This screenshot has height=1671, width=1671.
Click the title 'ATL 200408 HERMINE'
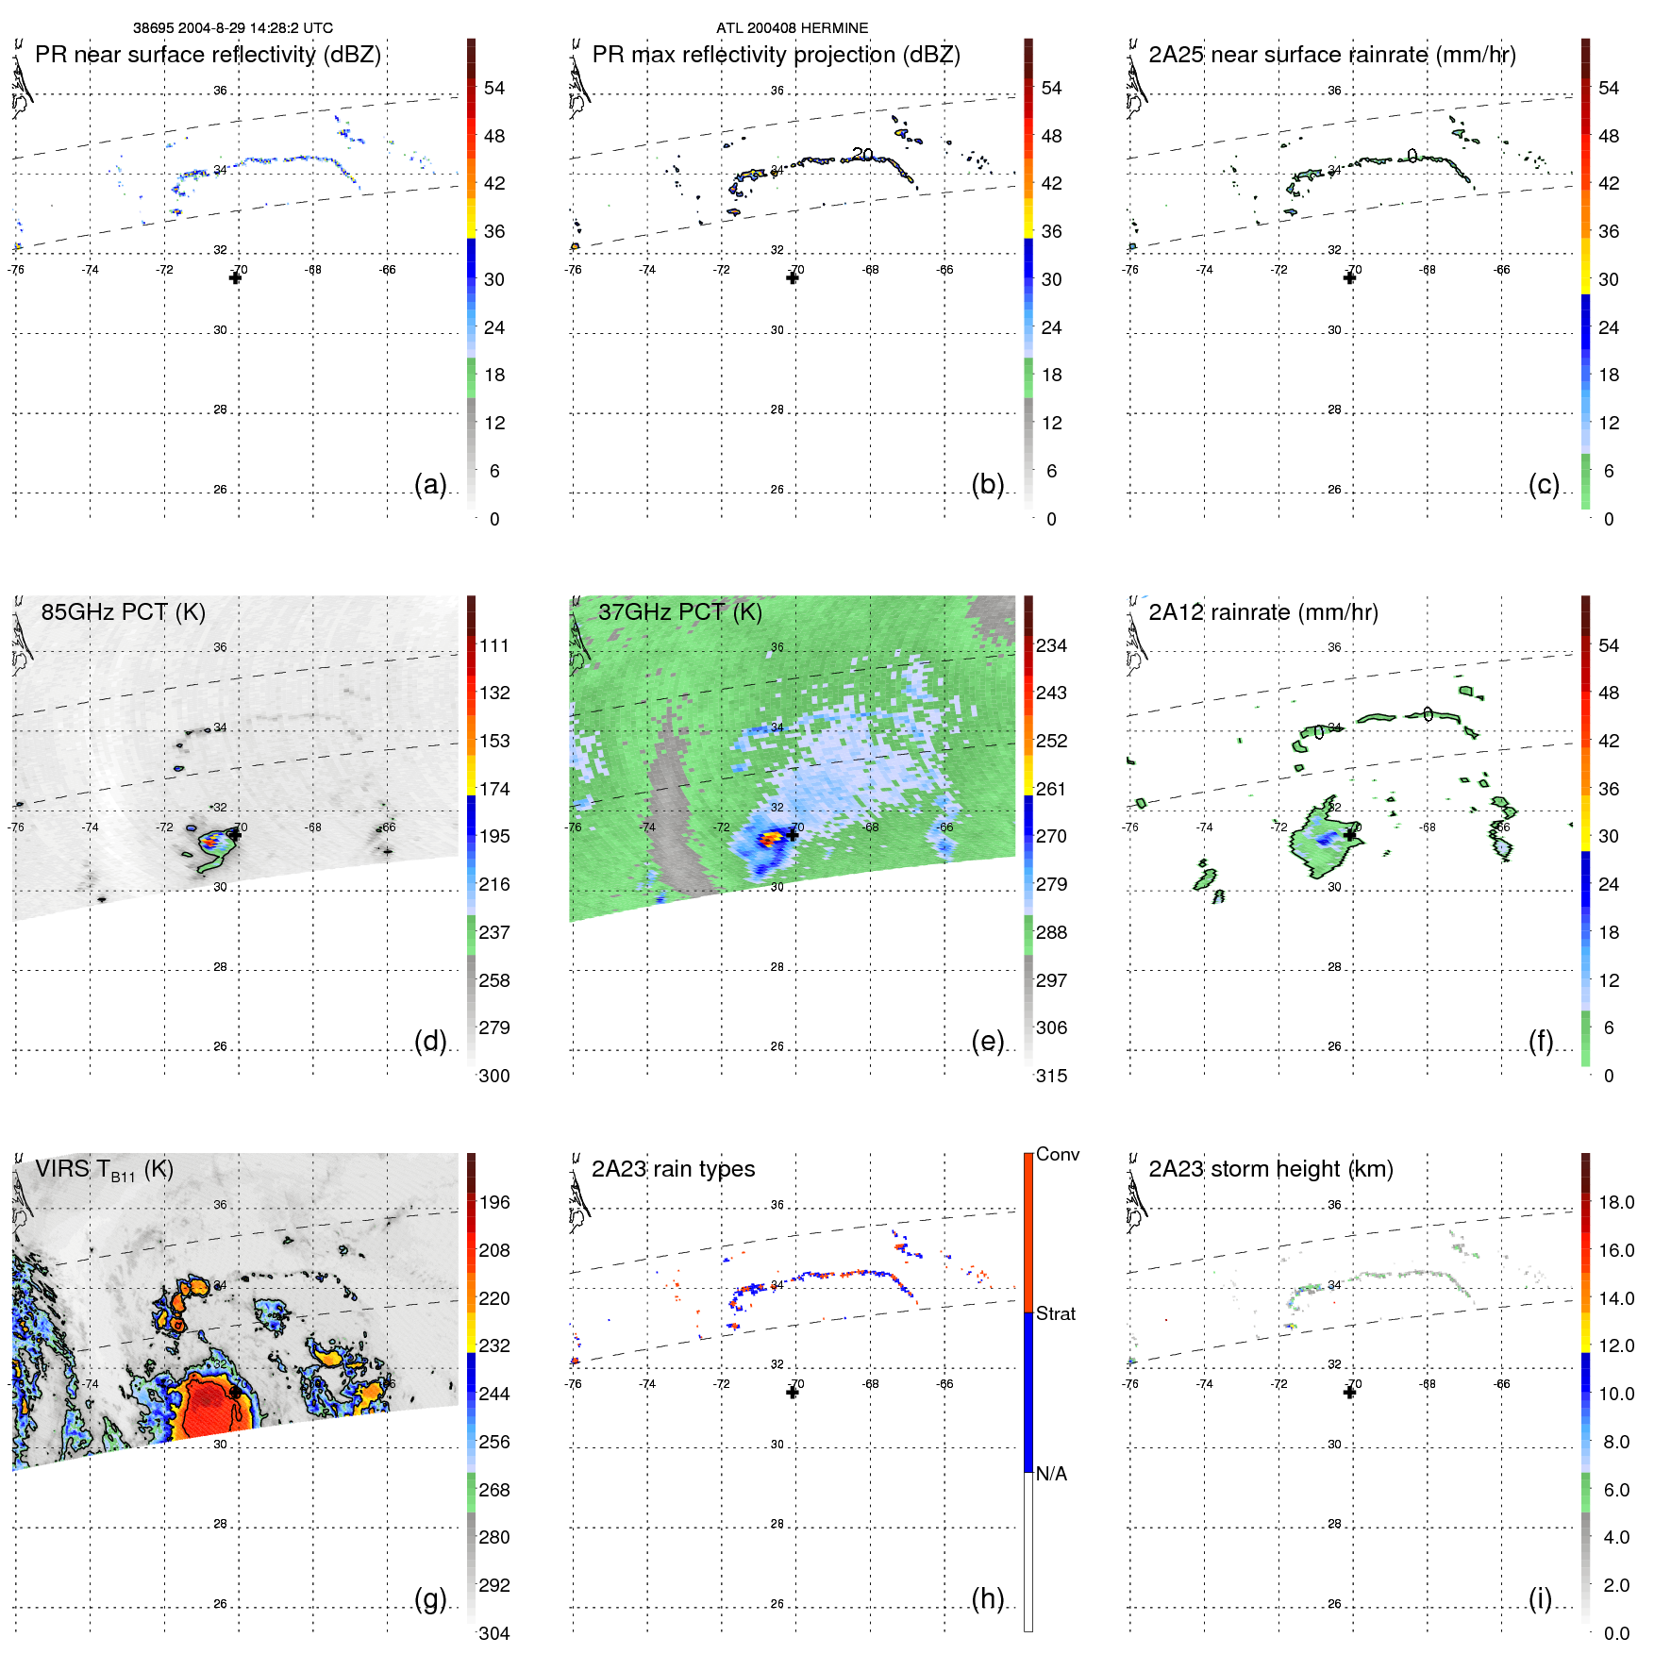tap(792, 28)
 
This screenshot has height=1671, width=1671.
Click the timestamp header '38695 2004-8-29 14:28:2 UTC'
tap(233, 28)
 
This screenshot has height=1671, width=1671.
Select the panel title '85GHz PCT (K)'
tap(123, 612)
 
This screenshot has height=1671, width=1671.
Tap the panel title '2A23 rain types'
tap(673, 1169)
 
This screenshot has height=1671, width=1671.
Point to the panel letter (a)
tap(430, 484)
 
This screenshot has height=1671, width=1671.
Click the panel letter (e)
tap(987, 1042)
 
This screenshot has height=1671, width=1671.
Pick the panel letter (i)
tap(1540, 1598)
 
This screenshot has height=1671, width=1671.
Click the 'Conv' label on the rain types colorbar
tap(1057, 1154)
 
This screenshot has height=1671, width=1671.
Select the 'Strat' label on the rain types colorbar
tap(1055, 1313)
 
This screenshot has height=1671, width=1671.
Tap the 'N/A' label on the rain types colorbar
tap(1051, 1474)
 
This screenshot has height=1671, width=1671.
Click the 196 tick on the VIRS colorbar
tap(494, 1202)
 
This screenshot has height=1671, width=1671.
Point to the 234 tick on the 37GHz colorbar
tap(1051, 645)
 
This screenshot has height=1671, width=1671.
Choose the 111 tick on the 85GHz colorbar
tap(494, 645)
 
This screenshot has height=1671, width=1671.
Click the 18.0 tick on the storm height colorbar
tap(1616, 1202)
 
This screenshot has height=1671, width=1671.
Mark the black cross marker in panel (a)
tap(235, 277)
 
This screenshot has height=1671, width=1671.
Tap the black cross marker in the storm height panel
tap(1349, 1392)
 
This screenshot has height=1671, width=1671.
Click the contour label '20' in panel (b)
tap(862, 154)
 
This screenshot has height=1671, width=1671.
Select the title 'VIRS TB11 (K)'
tap(104, 1170)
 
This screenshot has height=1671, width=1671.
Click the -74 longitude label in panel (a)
tap(90, 270)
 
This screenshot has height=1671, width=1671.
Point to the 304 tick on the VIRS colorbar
tap(494, 1633)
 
